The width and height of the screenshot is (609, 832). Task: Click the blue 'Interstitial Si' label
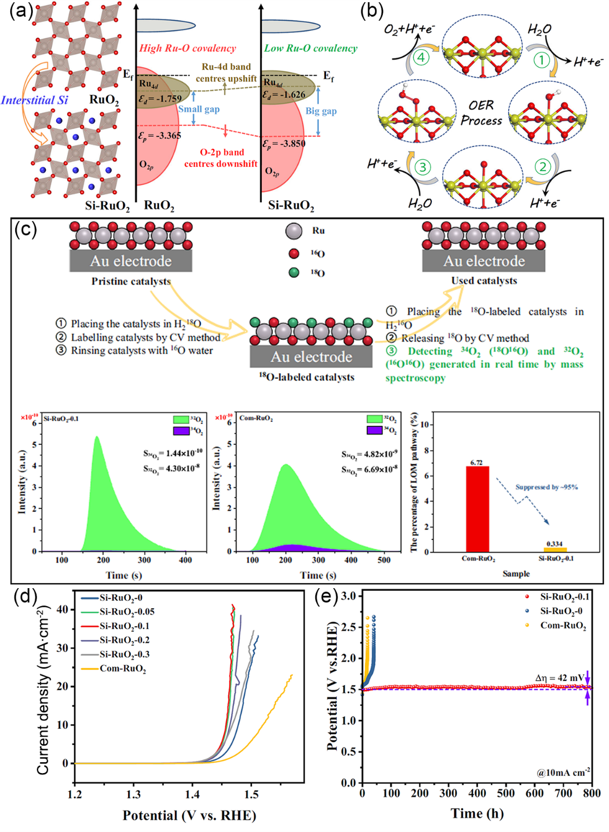tap(35, 100)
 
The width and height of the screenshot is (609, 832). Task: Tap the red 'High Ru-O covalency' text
tap(187, 48)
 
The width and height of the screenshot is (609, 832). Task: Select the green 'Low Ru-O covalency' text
tap(311, 48)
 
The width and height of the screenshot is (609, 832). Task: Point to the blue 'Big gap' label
tap(321, 111)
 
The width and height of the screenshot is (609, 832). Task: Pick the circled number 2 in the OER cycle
tap(542, 166)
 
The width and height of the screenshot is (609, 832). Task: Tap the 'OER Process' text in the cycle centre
tap(481, 112)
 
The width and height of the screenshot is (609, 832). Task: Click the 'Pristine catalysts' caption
tap(131, 281)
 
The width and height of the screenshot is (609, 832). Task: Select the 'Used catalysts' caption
tap(484, 280)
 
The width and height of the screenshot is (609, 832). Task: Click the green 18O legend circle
tap(294, 272)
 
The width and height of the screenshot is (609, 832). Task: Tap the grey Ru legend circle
tap(294, 231)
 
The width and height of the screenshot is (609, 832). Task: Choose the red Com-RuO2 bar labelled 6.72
tap(477, 508)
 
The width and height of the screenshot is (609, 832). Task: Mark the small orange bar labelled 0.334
tap(555, 549)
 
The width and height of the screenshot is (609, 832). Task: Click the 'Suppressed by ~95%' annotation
tap(546, 487)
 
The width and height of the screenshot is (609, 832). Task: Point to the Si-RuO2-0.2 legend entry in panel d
tap(124, 640)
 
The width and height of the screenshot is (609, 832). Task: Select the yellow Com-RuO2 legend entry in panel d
tap(122, 668)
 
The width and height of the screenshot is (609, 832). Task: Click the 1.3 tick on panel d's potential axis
tap(134, 794)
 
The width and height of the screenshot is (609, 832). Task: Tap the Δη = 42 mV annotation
tap(559, 678)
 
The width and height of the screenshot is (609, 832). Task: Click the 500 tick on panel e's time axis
tap(506, 793)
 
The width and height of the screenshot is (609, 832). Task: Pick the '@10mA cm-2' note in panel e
tap(563, 772)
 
